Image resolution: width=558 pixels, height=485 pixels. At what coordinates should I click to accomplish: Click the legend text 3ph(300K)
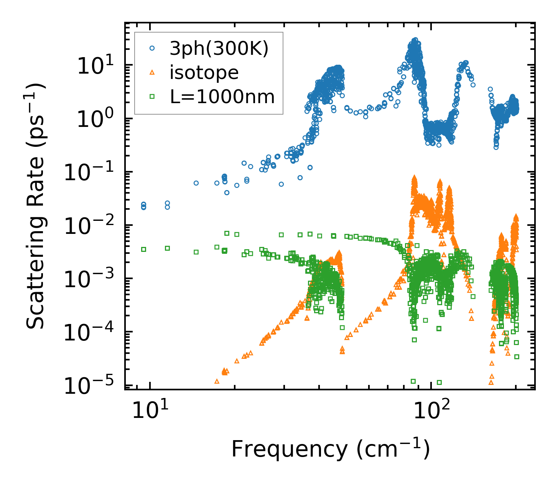219,49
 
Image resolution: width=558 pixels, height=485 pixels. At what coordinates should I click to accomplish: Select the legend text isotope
204,72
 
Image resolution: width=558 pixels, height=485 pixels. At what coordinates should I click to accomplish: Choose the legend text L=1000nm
222,97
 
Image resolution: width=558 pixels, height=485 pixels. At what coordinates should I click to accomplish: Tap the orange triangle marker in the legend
152,72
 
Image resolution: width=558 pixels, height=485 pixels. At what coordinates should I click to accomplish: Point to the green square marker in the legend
152,97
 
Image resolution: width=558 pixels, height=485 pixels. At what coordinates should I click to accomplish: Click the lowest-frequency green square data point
143,249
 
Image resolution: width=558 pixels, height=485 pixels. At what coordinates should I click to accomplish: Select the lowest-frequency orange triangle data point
217,381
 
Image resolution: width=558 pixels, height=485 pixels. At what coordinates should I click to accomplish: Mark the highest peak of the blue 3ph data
415,40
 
